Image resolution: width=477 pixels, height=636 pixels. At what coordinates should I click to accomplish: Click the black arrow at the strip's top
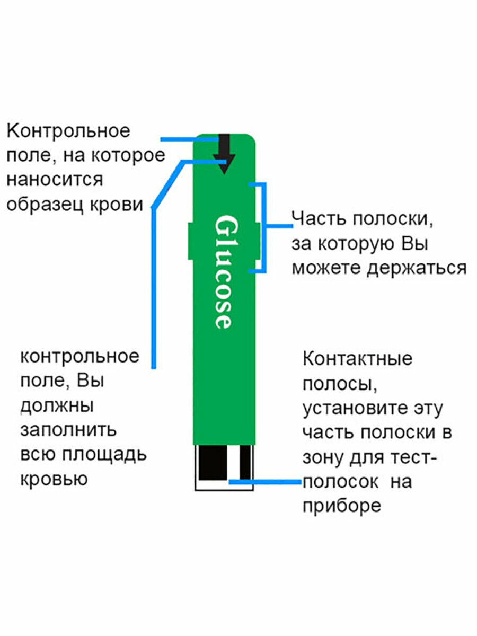[224, 154]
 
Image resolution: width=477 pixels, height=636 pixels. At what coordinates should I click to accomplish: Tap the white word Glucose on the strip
[223, 272]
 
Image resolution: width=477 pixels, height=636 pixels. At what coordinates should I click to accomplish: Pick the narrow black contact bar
[245, 463]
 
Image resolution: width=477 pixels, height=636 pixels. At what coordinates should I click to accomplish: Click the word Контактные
[358, 359]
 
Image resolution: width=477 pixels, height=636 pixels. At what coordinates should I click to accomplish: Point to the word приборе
[342, 506]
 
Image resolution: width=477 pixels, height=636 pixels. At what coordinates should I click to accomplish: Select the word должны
[57, 406]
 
